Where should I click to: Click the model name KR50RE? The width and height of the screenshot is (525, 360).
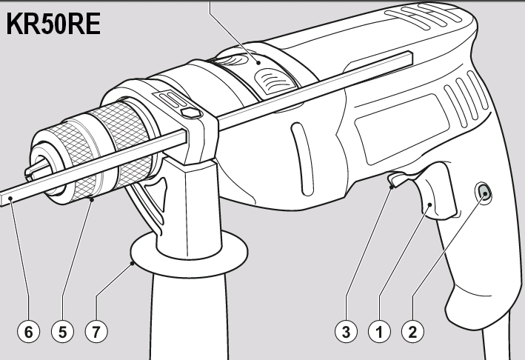coord(53,24)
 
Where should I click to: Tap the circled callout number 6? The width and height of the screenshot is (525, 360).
coord(29,332)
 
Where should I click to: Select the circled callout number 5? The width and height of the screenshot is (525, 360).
coord(63,332)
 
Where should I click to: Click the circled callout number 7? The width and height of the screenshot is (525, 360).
coord(96,332)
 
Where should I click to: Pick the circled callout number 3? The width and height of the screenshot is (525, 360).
coord(346,332)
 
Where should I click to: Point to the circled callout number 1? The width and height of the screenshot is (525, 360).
coord(379,332)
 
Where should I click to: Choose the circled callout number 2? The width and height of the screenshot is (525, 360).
coord(412,332)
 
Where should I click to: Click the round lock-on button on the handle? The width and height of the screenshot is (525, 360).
coord(484,193)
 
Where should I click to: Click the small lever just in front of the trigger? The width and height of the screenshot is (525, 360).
coord(399,179)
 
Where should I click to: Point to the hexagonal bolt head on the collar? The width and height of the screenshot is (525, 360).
coord(190,113)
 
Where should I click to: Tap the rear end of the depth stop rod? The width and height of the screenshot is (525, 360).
coord(410,59)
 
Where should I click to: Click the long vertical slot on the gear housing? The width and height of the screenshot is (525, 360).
coord(302,159)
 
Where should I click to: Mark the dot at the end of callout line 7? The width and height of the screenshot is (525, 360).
coord(133,263)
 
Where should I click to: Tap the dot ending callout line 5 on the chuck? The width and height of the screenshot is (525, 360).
coord(92,199)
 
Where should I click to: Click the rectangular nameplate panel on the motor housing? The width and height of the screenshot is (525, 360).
coord(402,129)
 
